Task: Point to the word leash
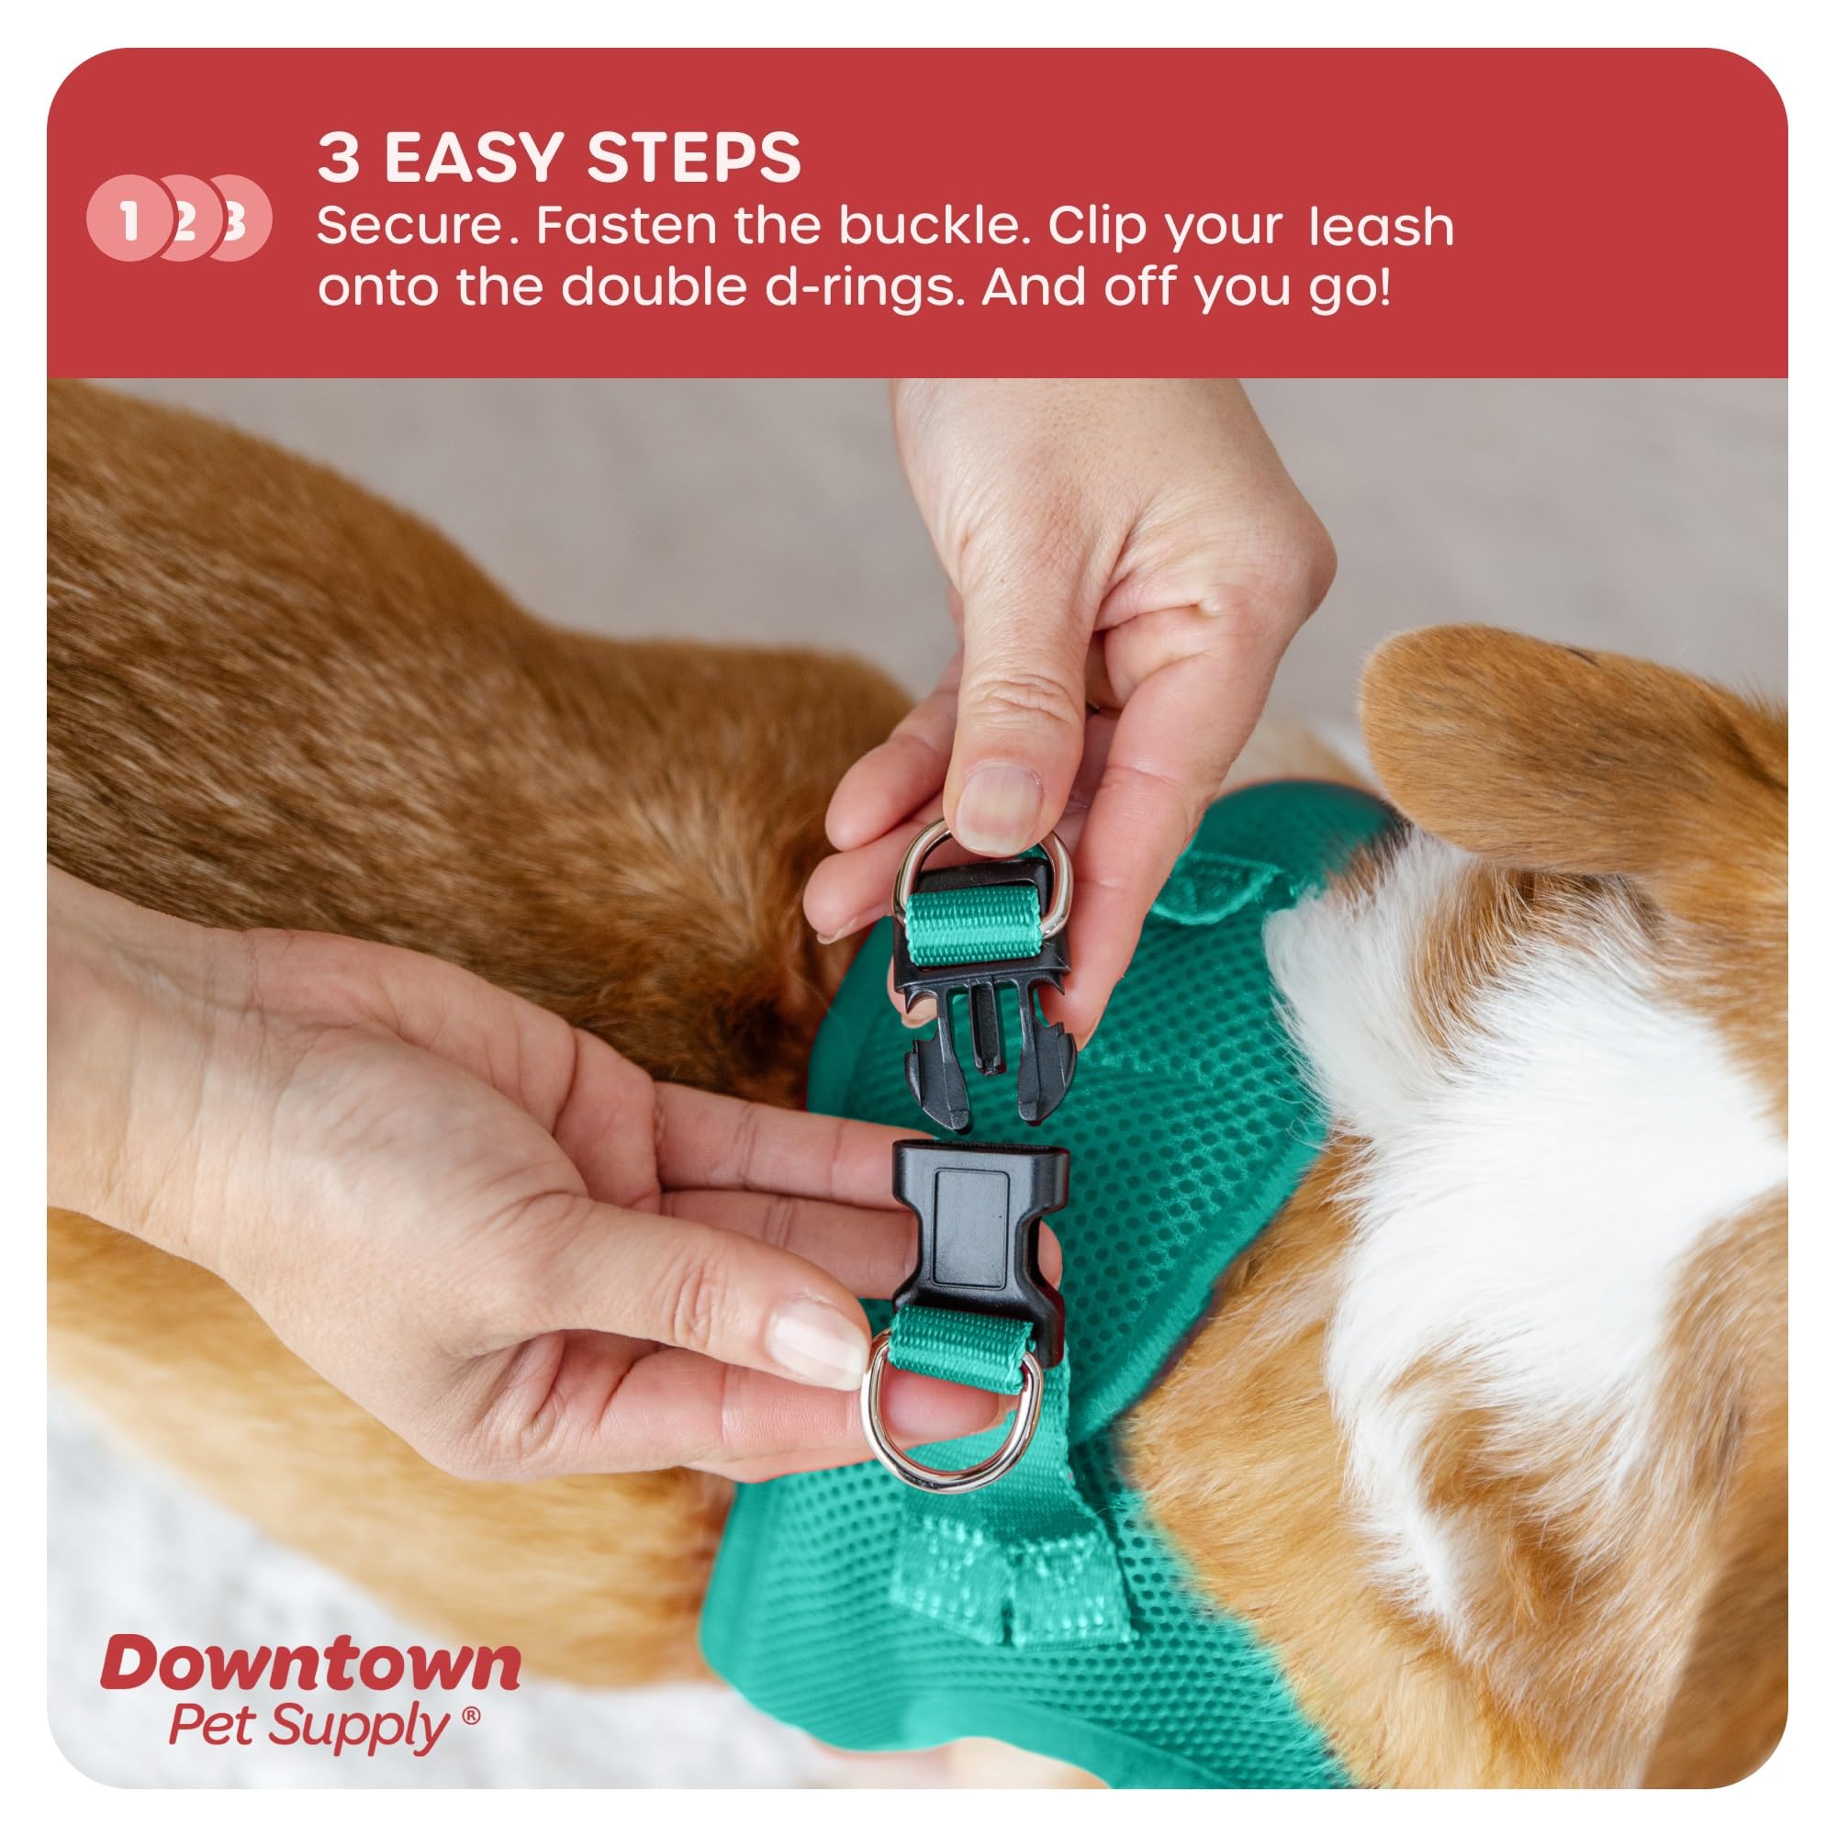(1381, 228)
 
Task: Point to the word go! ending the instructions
(1349, 287)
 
